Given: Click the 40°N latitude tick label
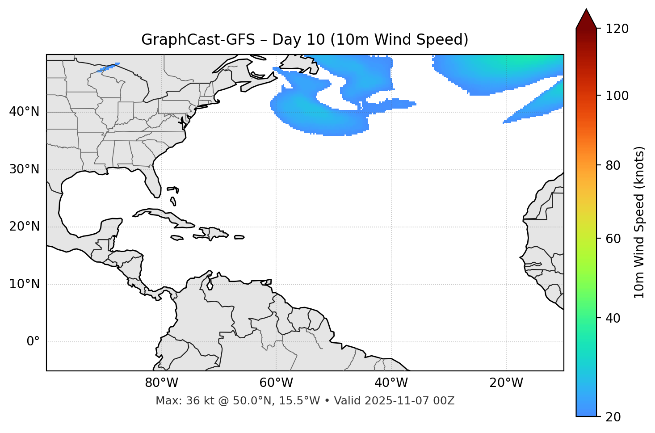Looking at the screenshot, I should [x=24, y=112].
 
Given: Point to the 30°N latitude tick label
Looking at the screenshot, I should [x=24, y=169].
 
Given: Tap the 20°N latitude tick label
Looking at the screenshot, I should [x=24, y=227].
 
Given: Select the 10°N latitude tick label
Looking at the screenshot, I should [x=24, y=284].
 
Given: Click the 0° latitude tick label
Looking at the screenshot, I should [x=33, y=342].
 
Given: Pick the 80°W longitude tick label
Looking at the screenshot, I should [x=161, y=383].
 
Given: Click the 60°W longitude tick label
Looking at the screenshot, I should [x=276, y=383].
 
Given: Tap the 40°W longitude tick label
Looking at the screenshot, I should [x=391, y=383].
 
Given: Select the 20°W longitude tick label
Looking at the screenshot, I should [x=506, y=383].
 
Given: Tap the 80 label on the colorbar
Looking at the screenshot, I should [x=613, y=165].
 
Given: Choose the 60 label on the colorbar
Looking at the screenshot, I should [x=613, y=239].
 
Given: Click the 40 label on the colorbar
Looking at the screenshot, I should [x=613, y=318].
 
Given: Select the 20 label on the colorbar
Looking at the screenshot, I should [x=613, y=417].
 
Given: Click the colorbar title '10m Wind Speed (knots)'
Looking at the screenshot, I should [x=639, y=222].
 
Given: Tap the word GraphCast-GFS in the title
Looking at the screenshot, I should [x=198, y=40].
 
